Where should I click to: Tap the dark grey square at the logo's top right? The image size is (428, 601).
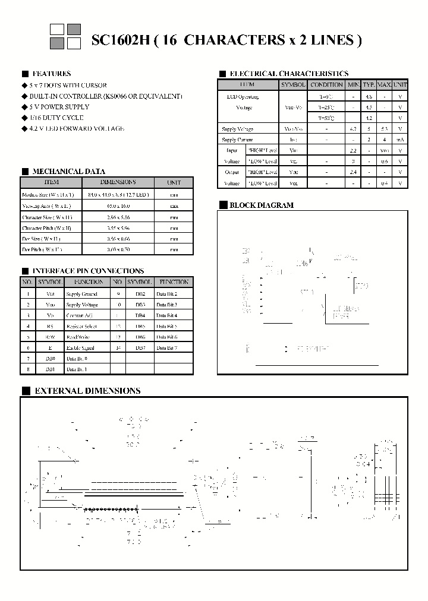74,29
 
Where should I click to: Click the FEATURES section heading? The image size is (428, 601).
52,74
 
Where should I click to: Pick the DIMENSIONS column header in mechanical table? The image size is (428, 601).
118,182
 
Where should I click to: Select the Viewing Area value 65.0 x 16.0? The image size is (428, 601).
118,205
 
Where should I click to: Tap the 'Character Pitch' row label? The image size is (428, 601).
48,228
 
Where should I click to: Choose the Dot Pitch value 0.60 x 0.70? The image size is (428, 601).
118,250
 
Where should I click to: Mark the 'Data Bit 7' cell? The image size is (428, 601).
166,347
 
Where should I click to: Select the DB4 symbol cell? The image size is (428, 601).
140,315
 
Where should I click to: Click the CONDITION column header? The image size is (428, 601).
326,85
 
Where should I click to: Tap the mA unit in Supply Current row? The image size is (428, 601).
401,140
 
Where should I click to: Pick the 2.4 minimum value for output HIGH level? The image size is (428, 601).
353,172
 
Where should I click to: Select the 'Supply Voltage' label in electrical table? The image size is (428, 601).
237,129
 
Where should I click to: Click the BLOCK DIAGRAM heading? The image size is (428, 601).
262,205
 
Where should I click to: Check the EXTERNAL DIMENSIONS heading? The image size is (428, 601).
87,391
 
